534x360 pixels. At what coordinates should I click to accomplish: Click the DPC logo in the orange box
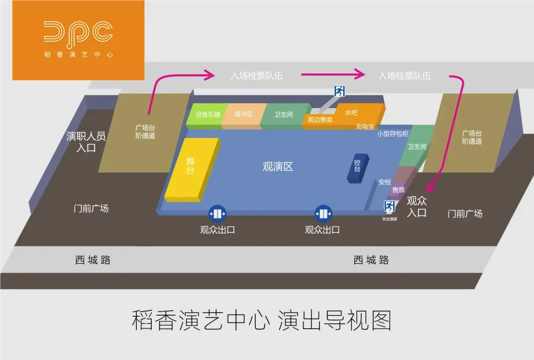[x=78, y=32]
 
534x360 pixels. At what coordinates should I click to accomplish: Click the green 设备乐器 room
[x=208, y=115]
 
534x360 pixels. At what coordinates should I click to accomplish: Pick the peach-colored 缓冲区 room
[x=244, y=115]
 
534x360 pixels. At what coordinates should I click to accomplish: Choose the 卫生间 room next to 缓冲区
[x=284, y=115]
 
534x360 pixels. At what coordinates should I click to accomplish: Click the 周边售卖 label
[x=320, y=120]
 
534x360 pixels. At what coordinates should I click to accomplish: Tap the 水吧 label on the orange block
[x=351, y=113]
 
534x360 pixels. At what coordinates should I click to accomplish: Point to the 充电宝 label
[x=364, y=127]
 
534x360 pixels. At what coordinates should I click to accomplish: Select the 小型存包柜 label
[x=393, y=133]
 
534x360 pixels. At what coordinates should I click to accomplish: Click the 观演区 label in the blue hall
[x=278, y=167]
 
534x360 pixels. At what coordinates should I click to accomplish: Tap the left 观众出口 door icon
[x=217, y=214]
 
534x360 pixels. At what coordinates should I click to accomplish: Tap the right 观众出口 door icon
[x=323, y=214]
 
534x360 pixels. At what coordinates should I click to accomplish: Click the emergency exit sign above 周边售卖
[x=339, y=91]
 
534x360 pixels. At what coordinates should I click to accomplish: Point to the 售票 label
[x=398, y=190]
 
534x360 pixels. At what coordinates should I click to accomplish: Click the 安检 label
[x=385, y=182]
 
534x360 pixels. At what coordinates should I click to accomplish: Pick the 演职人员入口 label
[x=86, y=141]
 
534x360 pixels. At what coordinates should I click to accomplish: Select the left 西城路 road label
[x=93, y=260]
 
